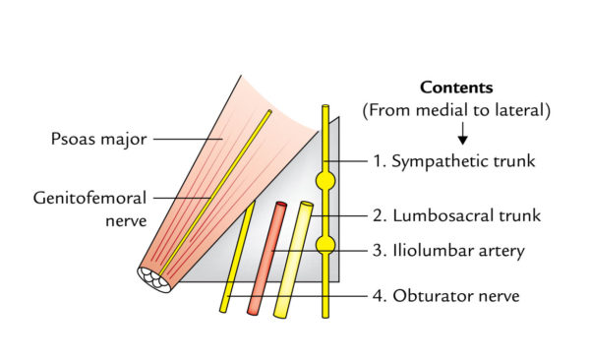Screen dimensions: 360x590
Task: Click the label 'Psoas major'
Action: (99, 139)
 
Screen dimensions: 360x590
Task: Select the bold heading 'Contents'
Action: (456, 88)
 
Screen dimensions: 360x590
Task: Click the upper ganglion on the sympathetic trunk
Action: (325, 181)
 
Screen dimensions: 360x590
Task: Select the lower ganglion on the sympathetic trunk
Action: (325, 244)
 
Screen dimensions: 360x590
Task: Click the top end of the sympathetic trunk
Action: (325, 108)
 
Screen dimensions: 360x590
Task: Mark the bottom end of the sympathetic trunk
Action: (325, 315)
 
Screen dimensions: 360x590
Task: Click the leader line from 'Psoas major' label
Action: (187, 139)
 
